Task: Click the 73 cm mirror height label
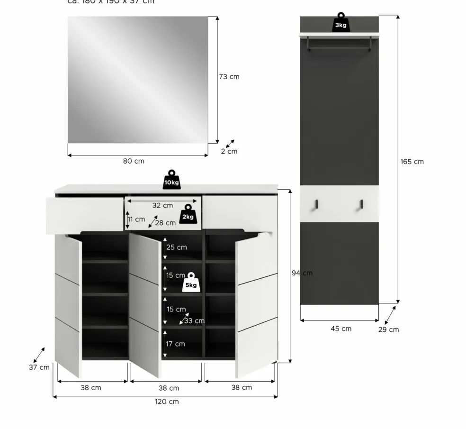pos(229,77)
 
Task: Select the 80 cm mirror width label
pos(134,161)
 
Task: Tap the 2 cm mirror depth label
pos(229,152)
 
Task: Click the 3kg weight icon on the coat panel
pos(341,24)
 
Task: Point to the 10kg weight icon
pos(171,181)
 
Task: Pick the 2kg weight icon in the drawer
pos(188,215)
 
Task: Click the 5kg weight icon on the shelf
pos(191,283)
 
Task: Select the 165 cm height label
pos(412,162)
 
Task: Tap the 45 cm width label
pos(341,329)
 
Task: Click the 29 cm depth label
pos(388,329)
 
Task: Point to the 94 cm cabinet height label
pos(302,273)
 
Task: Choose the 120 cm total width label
pos(167,402)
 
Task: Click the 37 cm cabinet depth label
pos(39,367)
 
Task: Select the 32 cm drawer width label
pos(162,206)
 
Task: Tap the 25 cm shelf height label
pos(176,247)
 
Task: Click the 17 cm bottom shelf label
pos(175,344)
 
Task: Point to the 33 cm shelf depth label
pos(194,321)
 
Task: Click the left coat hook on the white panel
pos(317,204)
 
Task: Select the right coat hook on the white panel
pos(361,204)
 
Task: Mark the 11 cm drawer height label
pos(136,219)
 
